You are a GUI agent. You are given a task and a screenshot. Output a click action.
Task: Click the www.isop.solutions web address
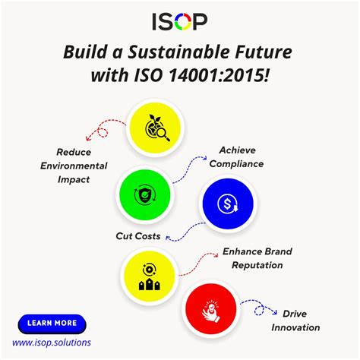(52, 343)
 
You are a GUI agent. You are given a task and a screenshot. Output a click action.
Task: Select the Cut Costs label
(137, 236)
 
